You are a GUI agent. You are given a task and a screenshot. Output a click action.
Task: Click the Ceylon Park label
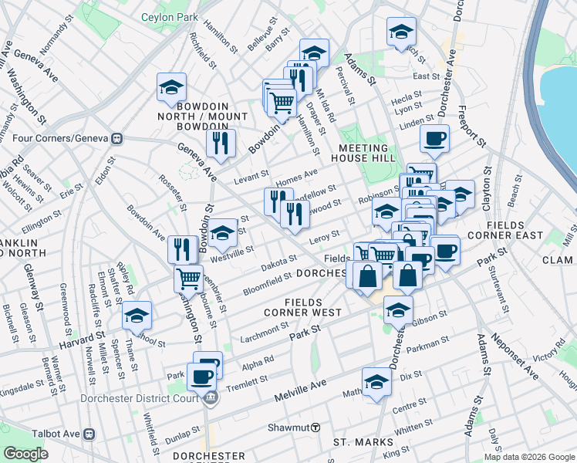click(170, 17)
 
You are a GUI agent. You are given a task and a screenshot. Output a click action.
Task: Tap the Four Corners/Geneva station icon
click(118, 139)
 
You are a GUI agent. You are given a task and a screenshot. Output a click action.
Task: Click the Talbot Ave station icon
click(89, 434)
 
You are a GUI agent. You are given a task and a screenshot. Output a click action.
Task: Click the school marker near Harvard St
click(137, 316)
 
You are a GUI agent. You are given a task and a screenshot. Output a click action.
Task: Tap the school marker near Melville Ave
click(376, 381)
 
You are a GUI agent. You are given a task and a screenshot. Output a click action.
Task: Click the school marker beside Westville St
click(222, 233)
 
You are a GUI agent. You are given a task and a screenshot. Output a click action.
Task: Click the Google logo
click(25, 454)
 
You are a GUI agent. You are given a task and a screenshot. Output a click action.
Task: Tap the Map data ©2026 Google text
click(529, 457)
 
